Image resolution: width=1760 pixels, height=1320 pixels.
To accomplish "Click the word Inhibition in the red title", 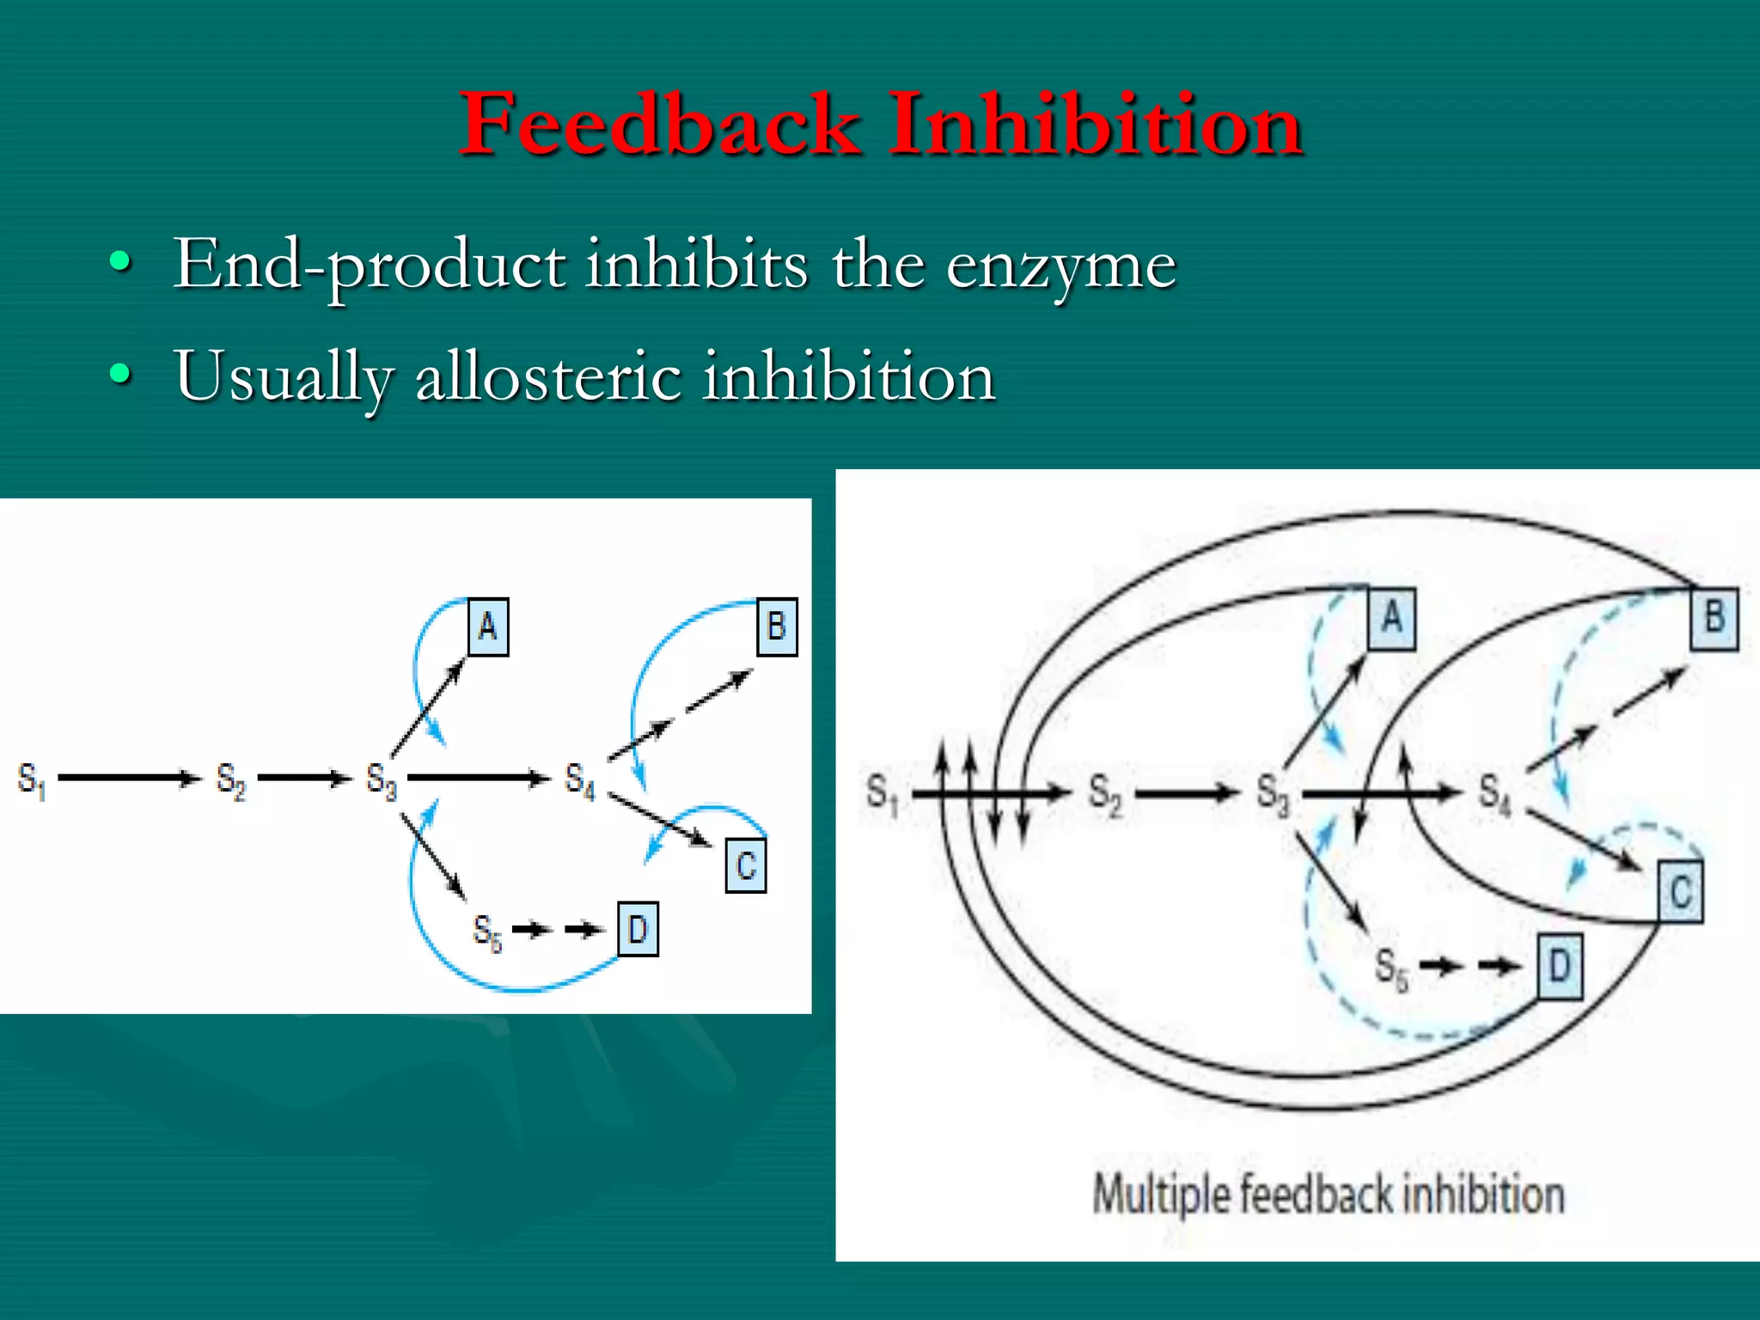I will coord(1096,125).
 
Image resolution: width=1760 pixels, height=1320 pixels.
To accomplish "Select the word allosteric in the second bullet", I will coord(547,376).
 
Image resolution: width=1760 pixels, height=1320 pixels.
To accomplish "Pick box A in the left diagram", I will coord(488,626).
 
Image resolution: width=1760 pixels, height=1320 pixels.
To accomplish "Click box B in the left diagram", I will coord(777,626).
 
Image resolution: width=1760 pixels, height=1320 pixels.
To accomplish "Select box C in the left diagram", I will coord(746,865).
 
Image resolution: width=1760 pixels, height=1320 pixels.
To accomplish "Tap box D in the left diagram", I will coord(638,929).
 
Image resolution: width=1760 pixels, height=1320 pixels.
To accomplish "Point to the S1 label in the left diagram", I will coord(31,779).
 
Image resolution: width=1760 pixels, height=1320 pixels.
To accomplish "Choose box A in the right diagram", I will coord(1391,617).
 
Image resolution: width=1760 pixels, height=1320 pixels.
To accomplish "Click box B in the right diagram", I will coord(1714,617).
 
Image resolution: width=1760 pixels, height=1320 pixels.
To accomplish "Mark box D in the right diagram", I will coord(1559,967).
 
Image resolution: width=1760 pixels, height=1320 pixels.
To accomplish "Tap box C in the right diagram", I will coord(1680,892).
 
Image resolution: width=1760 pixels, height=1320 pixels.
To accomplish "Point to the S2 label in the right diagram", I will coord(1105,794).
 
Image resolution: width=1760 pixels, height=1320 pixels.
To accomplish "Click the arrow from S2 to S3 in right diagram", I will coord(1186,793).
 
